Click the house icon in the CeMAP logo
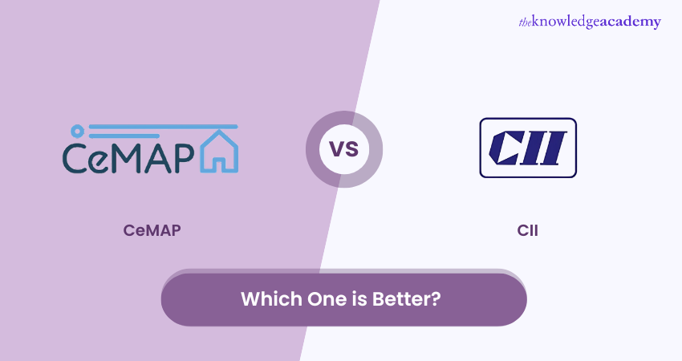tap(220, 152)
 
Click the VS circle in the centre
tap(343, 149)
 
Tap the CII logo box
tap(528, 148)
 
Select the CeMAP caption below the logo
tap(152, 231)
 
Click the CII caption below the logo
tap(528, 231)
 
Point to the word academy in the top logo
tap(635, 22)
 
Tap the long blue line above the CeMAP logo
tap(161, 127)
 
